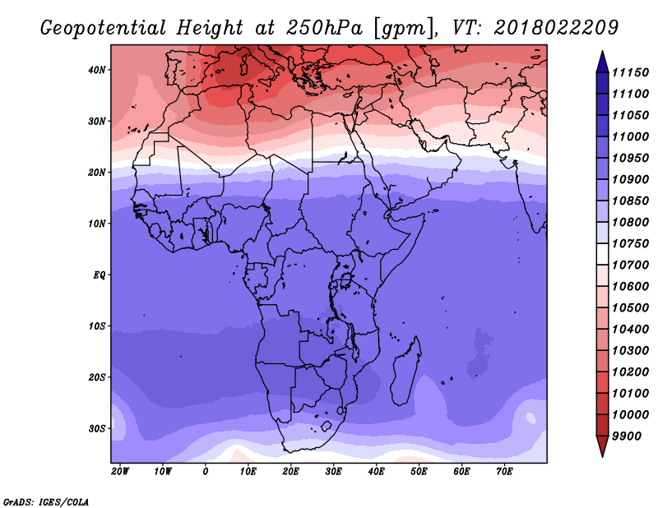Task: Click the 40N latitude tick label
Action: [96, 70]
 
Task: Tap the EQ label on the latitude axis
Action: [99, 275]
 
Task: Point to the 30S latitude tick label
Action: [96, 429]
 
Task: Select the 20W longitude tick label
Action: [120, 472]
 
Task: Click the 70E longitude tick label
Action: [504, 472]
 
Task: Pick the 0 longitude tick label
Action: [205, 472]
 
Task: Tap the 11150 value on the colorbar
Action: [630, 72]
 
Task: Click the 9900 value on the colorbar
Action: [627, 436]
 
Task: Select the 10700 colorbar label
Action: [630, 266]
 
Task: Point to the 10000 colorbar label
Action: [630, 415]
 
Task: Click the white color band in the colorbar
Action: [602, 254]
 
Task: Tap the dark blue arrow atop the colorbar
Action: [602, 62]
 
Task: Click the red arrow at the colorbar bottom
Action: [602, 446]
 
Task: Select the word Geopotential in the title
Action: [104, 29]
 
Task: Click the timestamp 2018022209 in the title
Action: [556, 28]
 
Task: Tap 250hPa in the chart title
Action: [324, 28]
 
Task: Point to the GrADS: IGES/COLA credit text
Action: [46, 502]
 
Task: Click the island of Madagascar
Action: [405, 373]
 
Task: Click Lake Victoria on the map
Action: [345, 279]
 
